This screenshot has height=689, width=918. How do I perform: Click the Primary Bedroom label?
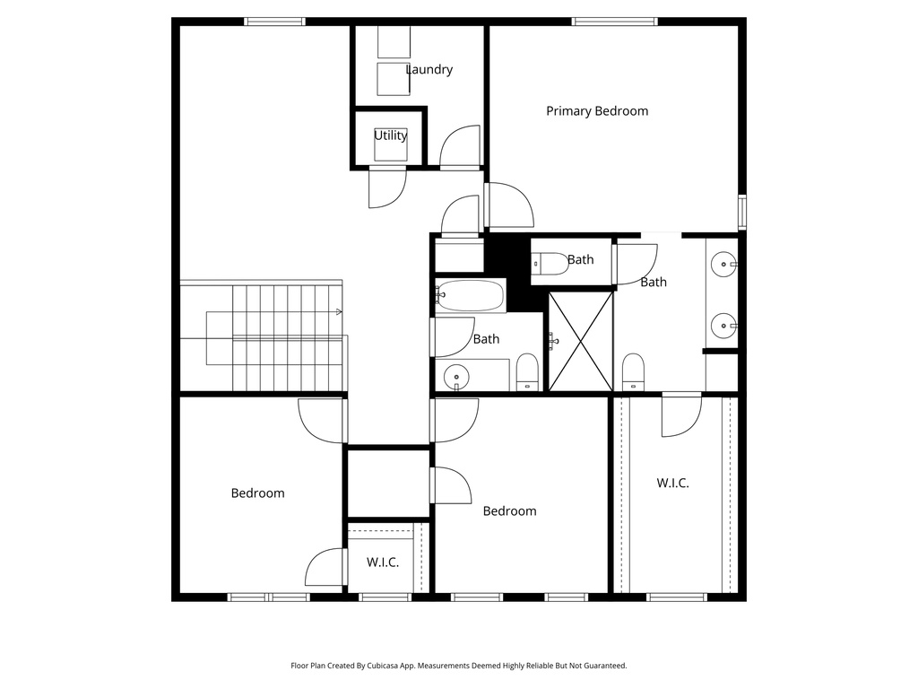click(597, 111)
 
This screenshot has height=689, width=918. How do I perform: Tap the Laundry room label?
click(429, 70)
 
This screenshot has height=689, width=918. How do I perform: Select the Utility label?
click(390, 135)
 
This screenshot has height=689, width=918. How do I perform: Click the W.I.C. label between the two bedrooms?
click(383, 563)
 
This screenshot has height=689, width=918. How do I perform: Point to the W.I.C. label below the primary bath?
click(672, 483)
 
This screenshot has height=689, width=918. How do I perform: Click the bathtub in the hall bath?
click(472, 295)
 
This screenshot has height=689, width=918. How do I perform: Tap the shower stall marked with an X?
click(580, 341)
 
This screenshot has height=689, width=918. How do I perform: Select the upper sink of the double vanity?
click(723, 265)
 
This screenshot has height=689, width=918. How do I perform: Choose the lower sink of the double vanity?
click(723, 325)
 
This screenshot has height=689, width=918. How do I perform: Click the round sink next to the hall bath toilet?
click(457, 378)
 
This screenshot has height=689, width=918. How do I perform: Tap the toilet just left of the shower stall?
click(527, 372)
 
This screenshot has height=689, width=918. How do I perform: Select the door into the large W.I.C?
click(680, 414)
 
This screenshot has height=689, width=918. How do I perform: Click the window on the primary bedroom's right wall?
click(741, 212)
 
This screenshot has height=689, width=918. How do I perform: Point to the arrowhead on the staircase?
click(338, 312)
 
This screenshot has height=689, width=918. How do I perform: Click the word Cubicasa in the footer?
click(384, 666)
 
